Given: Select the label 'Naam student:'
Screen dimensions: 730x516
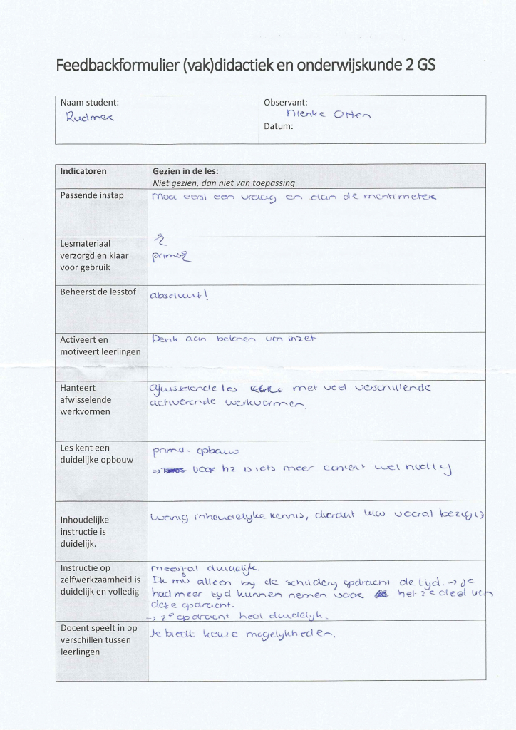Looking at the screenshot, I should pyautogui.click(x=90, y=103).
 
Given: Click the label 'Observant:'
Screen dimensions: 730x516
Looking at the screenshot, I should pyautogui.click(x=286, y=103).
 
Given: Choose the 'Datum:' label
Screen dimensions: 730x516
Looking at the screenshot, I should pyautogui.click(x=279, y=127).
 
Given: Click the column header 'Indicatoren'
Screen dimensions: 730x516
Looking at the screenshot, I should pyautogui.click(x=83, y=171).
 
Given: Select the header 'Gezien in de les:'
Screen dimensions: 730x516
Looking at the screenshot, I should pyautogui.click(x=185, y=171).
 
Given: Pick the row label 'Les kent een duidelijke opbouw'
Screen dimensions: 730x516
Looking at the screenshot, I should pyautogui.click(x=96, y=453).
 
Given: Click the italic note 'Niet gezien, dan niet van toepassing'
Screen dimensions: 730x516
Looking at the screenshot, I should pyautogui.click(x=224, y=182).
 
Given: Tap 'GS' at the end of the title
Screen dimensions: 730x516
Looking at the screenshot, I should pyautogui.click(x=425, y=66).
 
